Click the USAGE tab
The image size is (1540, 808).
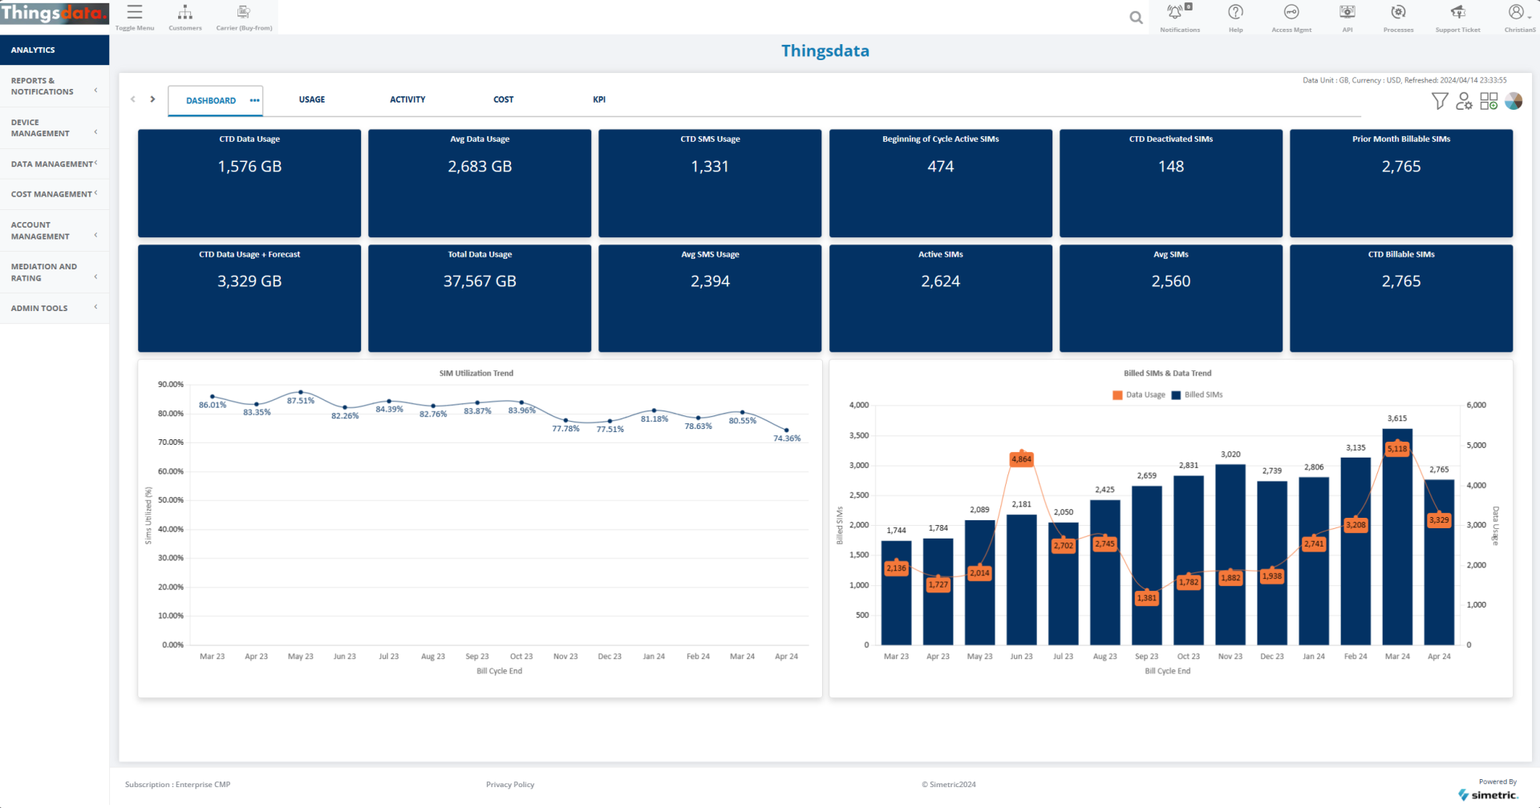312,99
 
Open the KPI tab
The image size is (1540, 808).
599,99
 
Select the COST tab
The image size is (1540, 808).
503,99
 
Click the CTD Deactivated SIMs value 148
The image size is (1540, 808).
1170,167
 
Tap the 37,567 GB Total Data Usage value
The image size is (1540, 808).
480,281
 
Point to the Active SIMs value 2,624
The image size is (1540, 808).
940,281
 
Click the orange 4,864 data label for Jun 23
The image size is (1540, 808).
1021,459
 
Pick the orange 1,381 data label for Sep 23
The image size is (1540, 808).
1146,598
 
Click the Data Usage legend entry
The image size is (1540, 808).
1139,395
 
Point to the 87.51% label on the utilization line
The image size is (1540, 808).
301,401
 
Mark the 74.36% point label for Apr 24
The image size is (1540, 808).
787,438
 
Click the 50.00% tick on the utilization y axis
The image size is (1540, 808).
171,500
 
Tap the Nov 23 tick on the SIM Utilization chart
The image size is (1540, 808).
565,656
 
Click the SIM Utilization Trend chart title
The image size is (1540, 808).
476,374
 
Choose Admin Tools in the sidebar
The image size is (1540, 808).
40,308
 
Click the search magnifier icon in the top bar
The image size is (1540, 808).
1136,18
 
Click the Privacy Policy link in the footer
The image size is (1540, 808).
510,785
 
